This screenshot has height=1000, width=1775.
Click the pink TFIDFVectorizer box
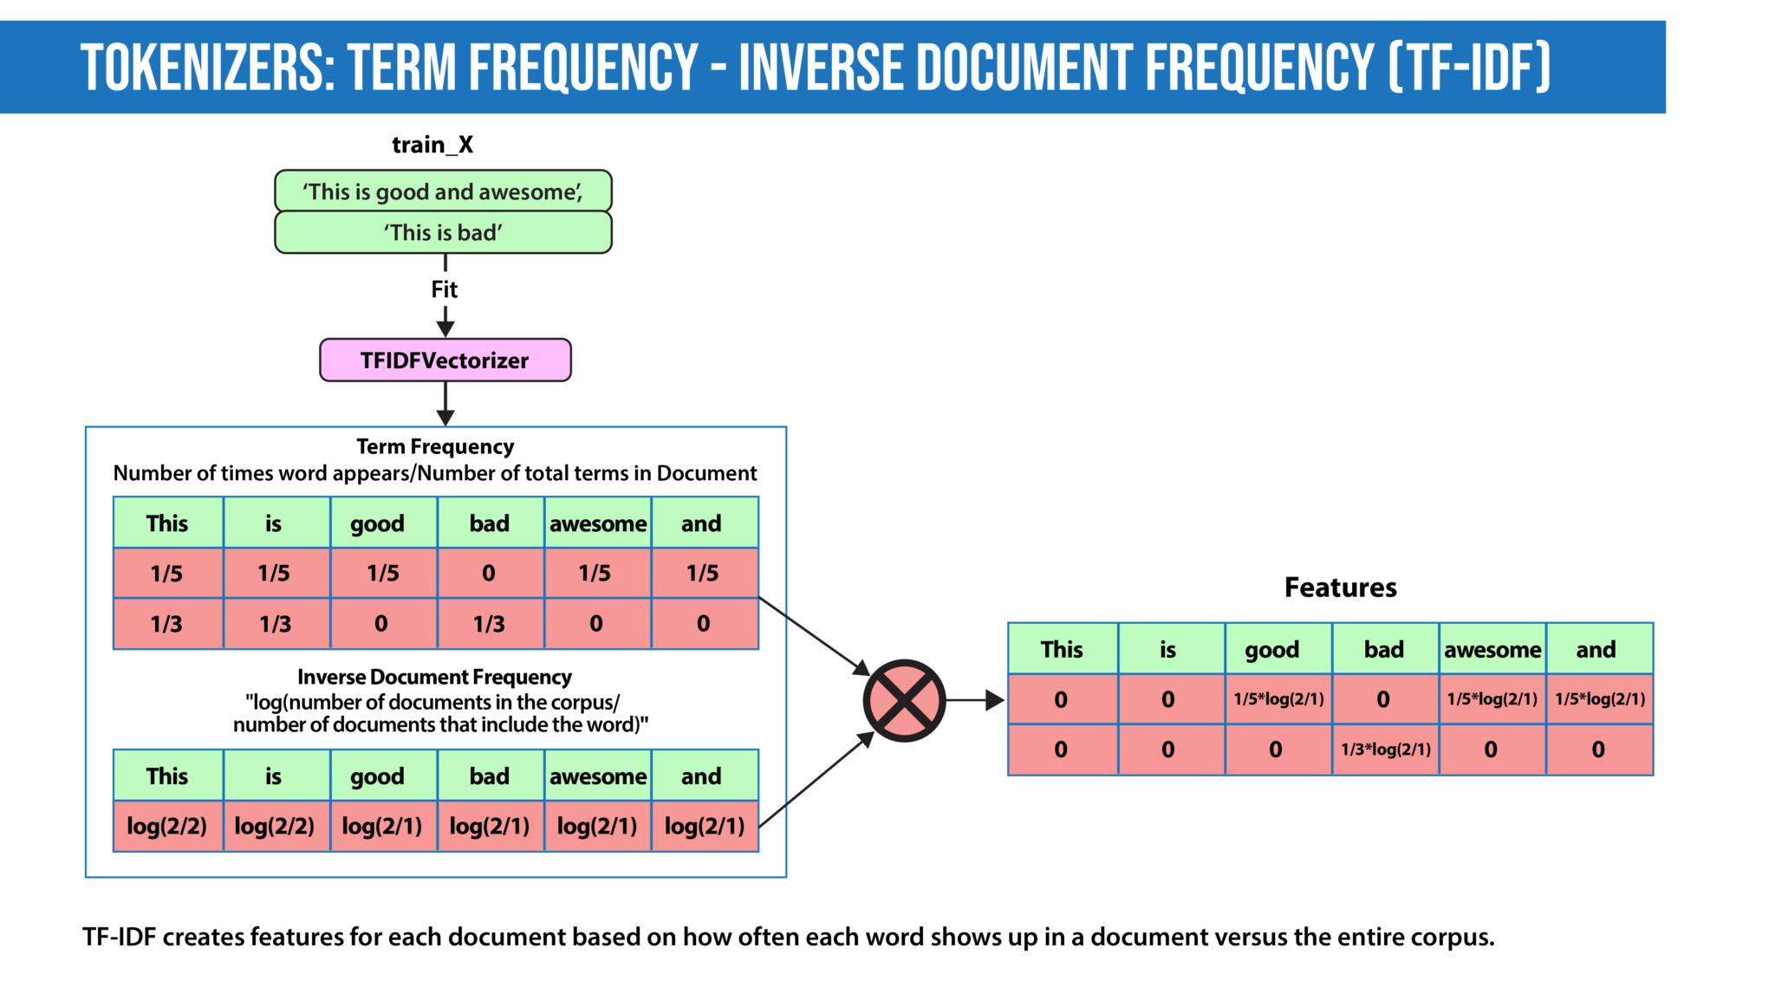[445, 360]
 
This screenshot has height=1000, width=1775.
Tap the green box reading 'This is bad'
[443, 232]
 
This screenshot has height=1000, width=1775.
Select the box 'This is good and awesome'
[443, 192]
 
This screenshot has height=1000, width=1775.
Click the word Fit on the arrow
[444, 289]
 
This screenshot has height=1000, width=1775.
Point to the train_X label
[432, 145]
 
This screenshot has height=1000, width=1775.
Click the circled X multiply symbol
[904, 700]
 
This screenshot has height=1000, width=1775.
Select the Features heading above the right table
[1340, 588]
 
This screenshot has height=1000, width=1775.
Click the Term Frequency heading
[435, 446]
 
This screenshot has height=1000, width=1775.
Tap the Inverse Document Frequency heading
[434, 677]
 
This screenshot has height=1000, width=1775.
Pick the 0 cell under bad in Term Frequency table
[489, 573]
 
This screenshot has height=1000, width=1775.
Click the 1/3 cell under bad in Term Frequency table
[489, 624]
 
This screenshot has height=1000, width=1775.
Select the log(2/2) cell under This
[167, 826]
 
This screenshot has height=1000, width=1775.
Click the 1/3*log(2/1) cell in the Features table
[1385, 750]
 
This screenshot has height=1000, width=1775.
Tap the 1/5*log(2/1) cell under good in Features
[1278, 699]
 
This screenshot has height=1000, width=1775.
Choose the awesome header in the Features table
[1492, 649]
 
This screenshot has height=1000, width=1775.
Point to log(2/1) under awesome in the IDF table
[596, 826]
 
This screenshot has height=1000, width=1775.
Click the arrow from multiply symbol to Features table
[974, 700]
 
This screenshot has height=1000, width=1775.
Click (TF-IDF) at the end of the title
[1468, 68]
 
